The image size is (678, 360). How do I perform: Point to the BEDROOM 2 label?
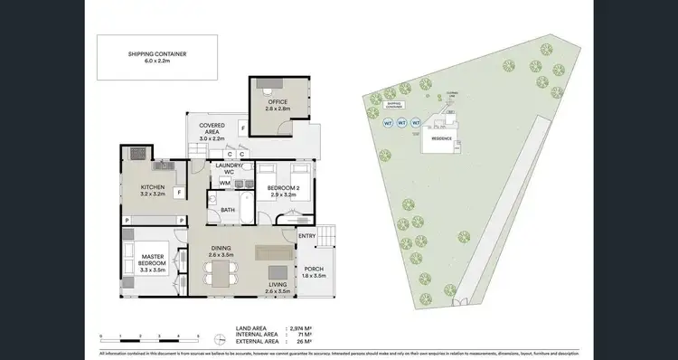pos(284,190)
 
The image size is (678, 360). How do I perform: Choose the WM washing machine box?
pos(225,183)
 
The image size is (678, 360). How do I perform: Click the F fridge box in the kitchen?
pos(180,193)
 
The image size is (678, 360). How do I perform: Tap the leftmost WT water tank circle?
pos(389,122)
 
